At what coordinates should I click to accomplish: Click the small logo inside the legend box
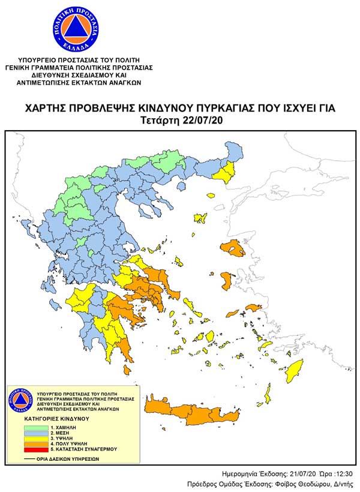point(20,400)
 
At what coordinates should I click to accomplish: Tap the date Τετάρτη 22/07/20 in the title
point(179,121)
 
